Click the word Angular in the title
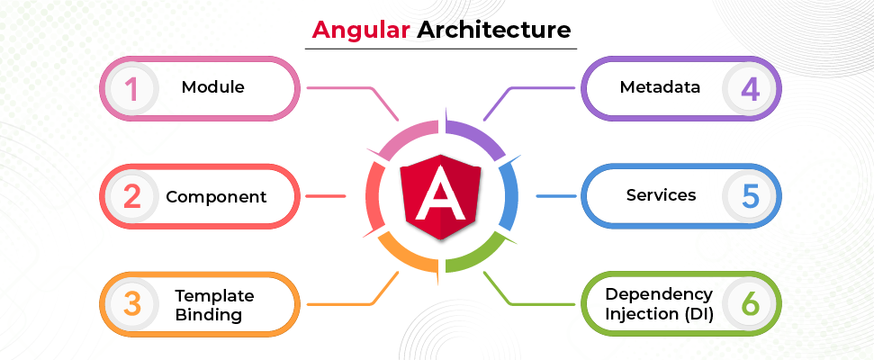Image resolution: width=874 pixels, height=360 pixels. [x=361, y=30]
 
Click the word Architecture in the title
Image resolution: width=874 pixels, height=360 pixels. [x=494, y=29]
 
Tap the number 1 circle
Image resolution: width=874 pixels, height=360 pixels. [x=132, y=88]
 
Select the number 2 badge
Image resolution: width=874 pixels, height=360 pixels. [x=132, y=196]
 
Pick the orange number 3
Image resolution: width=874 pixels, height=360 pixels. [x=132, y=303]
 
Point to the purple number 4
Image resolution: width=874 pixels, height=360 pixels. [x=750, y=88]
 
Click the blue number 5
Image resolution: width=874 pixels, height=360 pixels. [x=750, y=196]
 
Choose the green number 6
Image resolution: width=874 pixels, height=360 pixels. [x=750, y=303]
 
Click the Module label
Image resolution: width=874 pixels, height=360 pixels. [x=213, y=87]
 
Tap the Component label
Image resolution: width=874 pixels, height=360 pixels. [x=216, y=197]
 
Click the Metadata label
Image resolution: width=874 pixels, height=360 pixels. [x=660, y=87]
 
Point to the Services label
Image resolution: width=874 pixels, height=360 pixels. [x=661, y=195]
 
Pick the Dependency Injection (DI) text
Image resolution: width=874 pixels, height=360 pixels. [x=660, y=303]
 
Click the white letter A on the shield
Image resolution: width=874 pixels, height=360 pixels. [x=441, y=193]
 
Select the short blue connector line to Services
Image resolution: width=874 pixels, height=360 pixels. [x=556, y=196]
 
